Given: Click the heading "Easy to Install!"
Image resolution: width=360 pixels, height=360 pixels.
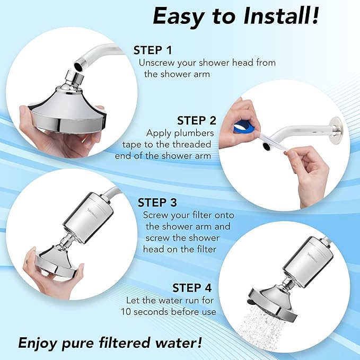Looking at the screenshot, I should point(236,16).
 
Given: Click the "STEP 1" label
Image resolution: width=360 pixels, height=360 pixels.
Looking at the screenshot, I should point(153,50).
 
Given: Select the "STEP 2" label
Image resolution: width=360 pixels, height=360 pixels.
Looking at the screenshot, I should point(196,120).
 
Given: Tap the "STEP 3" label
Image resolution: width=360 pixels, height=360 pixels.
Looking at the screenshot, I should point(157,203).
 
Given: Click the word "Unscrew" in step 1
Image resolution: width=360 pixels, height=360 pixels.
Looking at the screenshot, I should point(155,63).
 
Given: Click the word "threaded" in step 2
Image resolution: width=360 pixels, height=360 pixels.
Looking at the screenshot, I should point(192,144).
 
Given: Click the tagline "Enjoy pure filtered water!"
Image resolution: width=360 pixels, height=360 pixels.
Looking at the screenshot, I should point(110,342).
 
